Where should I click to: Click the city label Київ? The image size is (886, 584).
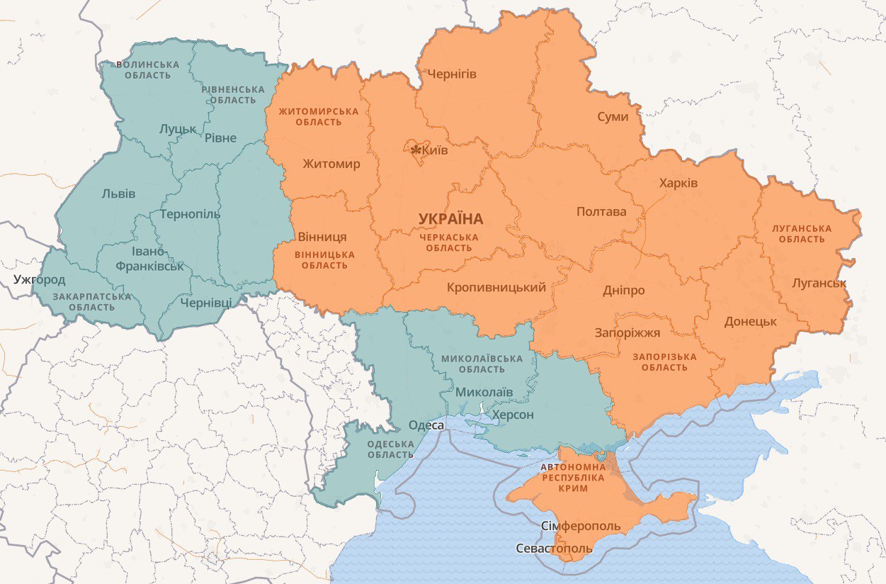tap(434, 150)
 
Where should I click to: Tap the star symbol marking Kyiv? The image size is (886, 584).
tap(416, 150)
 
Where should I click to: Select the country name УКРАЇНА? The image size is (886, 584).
tap(450, 219)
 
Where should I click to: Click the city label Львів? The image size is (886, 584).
tap(118, 193)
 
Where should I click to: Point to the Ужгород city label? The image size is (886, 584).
tap(39, 279)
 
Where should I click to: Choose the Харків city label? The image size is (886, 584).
tap(678, 183)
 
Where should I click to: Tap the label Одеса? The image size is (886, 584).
tap(426, 425)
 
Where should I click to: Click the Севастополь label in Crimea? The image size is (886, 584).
tap(554, 549)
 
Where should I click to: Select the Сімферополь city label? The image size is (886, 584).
tap(580, 527)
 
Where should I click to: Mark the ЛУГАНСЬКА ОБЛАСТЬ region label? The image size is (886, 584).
tap(802, 234)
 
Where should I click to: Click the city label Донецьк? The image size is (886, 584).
tap(750, 321)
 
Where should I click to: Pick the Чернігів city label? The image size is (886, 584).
tap(451, 74)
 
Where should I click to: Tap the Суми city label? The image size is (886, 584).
tap(612, 116)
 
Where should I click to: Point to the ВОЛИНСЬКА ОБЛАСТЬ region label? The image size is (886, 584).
tap(149, 69)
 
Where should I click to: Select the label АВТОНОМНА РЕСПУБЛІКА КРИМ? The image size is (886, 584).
tap(573, 478)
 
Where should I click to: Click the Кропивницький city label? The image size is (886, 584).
tap(496, 287)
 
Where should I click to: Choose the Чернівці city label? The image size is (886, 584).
tap(205, 303)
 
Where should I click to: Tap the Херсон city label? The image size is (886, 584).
tap(513, 415)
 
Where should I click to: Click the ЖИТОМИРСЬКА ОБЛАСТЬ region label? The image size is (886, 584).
tap(318, 117)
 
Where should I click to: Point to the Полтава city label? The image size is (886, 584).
tap(601, 211)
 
